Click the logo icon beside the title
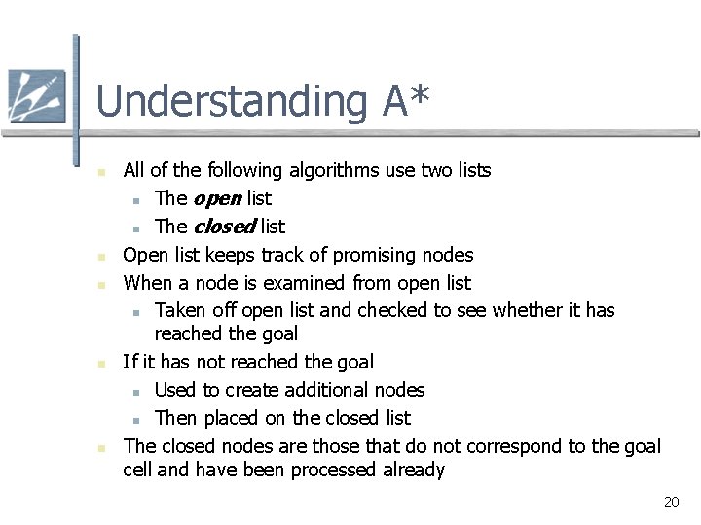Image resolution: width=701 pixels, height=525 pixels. [x=36, y=96]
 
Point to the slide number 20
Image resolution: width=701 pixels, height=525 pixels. [x=671, y=502]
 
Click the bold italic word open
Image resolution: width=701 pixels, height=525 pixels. [x=218, y=198]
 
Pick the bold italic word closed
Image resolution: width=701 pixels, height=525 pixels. [x=224, y=227]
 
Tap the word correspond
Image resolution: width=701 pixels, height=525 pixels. [x=515, y=446]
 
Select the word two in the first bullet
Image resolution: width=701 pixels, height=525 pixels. [x=435, y=170]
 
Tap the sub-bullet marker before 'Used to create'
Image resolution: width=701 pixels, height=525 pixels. [x=137, y=392]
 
